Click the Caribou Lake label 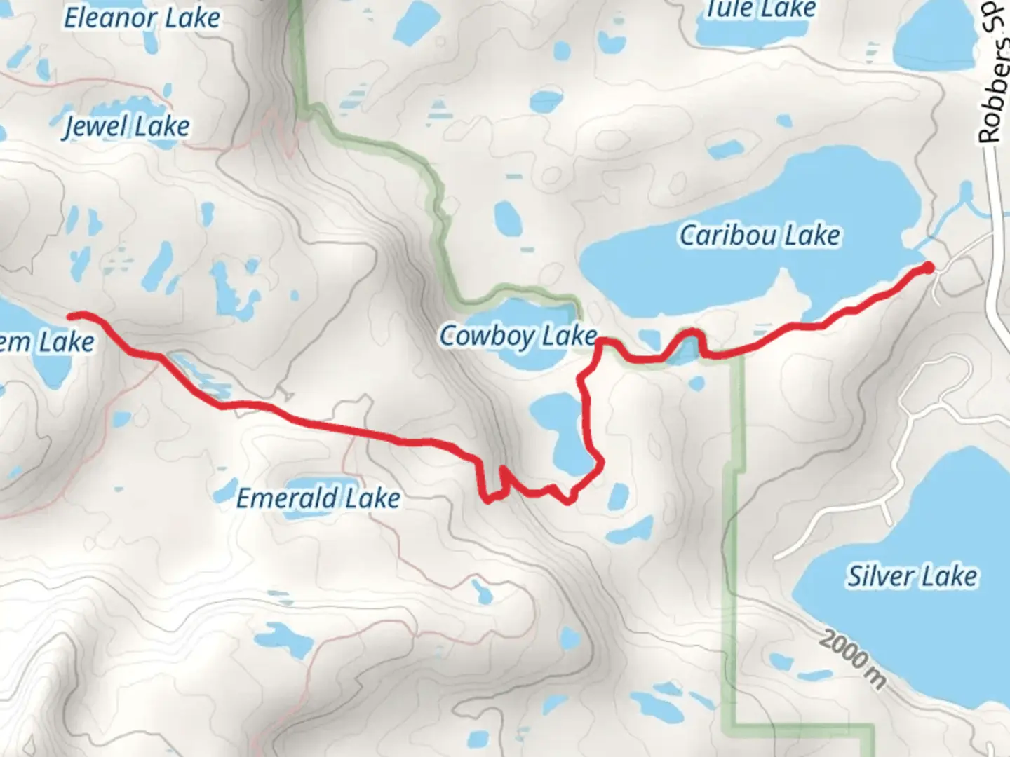point(760,236)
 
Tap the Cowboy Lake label point(518,336)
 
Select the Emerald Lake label point(318,498)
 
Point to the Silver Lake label point(912,576)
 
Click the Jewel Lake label point(126,127)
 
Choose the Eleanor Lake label point(142,18)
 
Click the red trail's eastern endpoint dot point(928,267)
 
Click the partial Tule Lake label point(760,9)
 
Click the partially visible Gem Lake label point(46,342)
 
